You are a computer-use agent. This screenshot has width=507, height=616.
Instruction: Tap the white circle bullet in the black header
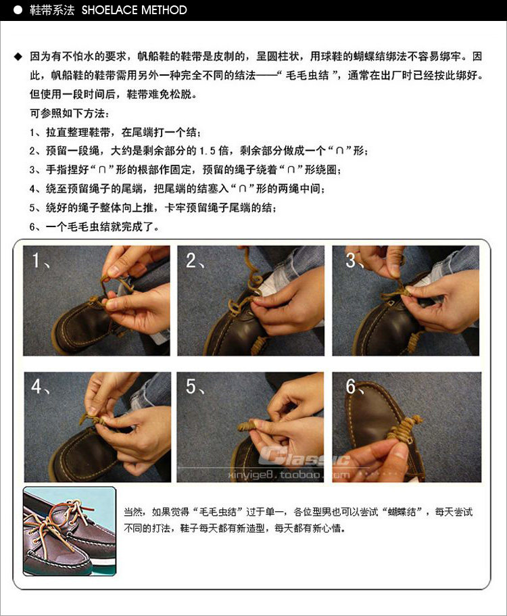pos(18,10)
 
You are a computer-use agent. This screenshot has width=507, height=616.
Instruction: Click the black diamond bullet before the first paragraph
pos(18,57)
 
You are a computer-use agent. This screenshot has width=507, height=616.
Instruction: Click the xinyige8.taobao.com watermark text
pos(289,475)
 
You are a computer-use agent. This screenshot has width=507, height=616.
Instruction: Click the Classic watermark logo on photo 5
pos(304,457)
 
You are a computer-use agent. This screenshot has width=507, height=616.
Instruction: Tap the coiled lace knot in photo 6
pos(404,427)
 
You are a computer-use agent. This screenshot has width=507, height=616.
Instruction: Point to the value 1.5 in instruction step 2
pos(208,151)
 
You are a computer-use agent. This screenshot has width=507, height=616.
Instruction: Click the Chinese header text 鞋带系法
pos(52,10)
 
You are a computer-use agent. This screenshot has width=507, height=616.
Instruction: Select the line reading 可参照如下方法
pos(70,114)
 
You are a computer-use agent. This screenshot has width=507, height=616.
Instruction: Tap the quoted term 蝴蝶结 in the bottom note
pos(402,512)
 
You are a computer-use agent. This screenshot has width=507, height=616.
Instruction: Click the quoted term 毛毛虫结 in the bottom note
pos(218,512)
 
